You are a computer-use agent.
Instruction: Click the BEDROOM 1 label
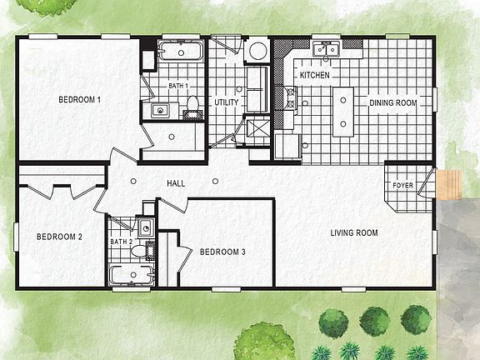coord(79,100)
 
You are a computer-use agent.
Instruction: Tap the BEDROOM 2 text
coord(59,237)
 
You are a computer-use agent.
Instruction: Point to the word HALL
coord(176,183)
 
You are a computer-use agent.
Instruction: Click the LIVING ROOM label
coord(353,233)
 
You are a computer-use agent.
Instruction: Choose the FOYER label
coord(402,185)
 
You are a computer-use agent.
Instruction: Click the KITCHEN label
coord(315,76)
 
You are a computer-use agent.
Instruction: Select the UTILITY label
coord(226,102)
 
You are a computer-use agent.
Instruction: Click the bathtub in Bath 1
coord(181,52)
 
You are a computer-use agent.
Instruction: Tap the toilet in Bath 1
coord(192,104)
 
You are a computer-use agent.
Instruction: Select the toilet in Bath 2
coord(148,248)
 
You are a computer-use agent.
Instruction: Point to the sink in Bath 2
coord(146,226)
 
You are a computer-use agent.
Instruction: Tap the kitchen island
coord(342,112)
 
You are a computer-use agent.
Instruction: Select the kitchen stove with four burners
coord(292,101)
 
